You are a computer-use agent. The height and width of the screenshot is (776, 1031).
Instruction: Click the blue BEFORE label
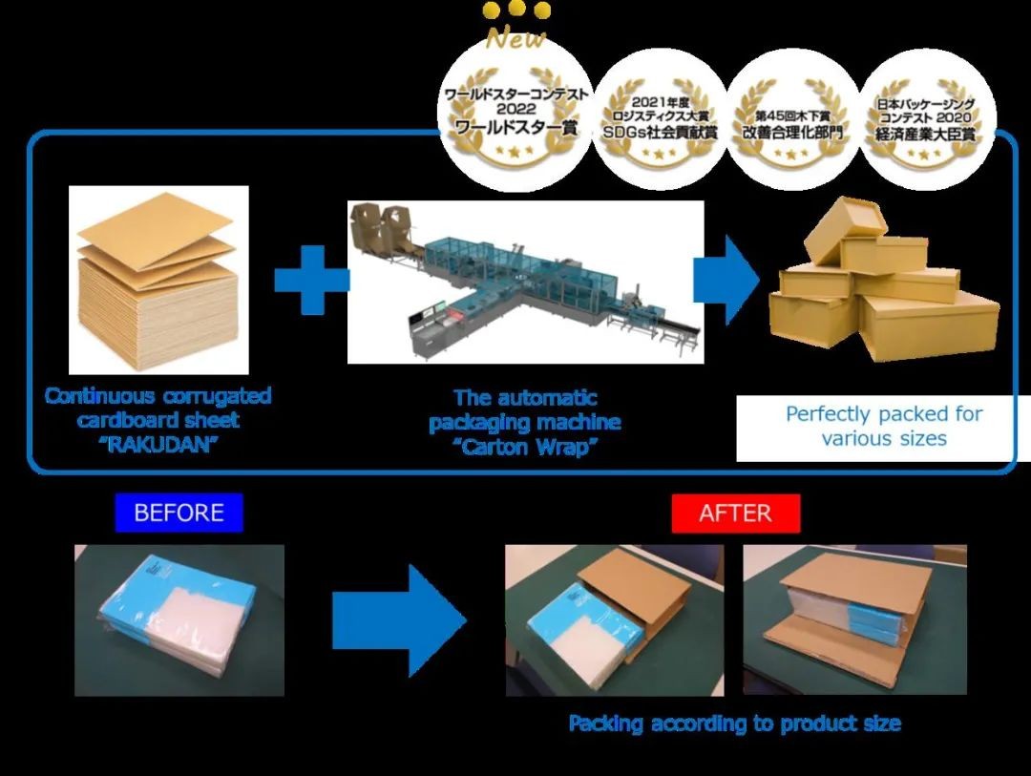point(179,513)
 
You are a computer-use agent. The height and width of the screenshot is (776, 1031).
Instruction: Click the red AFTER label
point(734,513)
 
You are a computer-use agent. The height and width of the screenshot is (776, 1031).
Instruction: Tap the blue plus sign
point(312,279)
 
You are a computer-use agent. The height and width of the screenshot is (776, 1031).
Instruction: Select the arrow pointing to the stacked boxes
point(726,279)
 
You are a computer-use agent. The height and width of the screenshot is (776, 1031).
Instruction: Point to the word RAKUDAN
point(158,444)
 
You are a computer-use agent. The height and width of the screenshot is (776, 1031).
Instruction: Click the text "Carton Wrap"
point(525,447)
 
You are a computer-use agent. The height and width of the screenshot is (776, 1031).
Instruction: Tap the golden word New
point(515,39)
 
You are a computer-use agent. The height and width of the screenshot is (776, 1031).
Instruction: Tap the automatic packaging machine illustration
point(525,281)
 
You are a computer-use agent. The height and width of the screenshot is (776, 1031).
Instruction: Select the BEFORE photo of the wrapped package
point(179,619)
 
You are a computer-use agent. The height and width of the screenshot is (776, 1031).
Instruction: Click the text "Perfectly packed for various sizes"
point(883,427)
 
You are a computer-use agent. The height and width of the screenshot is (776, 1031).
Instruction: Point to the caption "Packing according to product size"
point(734,724)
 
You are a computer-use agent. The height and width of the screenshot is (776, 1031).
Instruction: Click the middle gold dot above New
point(516,9)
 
